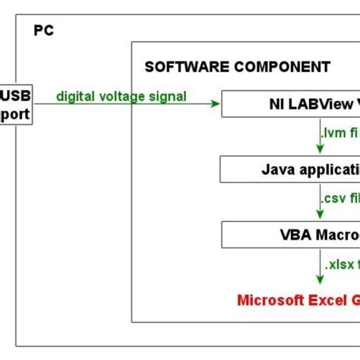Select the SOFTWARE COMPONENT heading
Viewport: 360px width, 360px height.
pyautogui.click(x=237, y=66)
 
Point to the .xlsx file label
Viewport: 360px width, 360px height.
pyautogui.click(x=342, y=266)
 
